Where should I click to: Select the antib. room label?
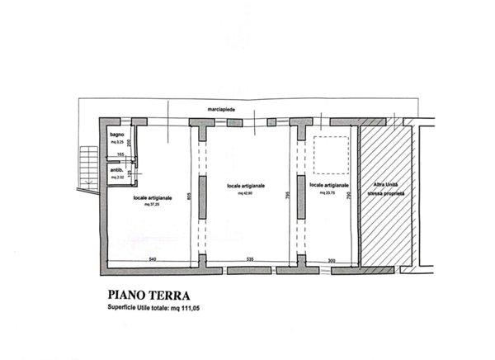pyautogui.click(x=117, y=170)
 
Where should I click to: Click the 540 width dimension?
pyautogui.click(x=152, y=260)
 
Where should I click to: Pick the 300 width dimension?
pyautogui.click(x=330, y=260)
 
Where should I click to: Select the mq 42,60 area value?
pyautogui.click(x=246, y=194)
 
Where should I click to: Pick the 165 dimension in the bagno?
pyautogui.click(x=120, y=155)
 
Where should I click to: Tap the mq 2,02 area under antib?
pyautogui.click(x=117, y=178)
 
